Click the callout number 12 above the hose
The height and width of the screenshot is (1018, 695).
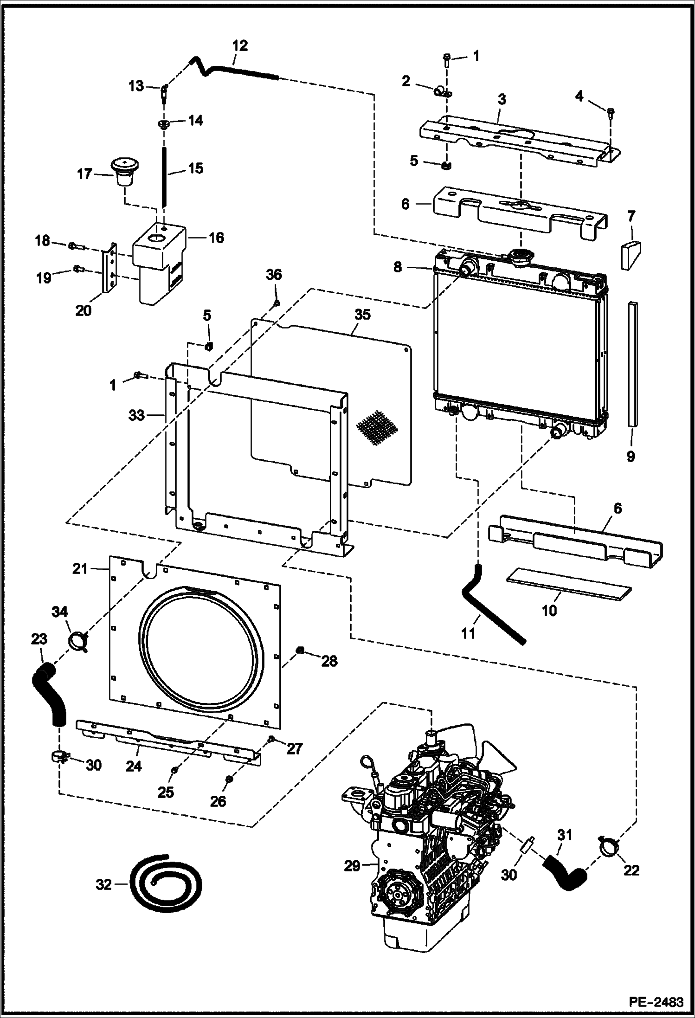(240, 45)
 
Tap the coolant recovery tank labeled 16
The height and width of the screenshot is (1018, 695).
(159, 264)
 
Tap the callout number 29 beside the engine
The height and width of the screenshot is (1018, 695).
(352, 866)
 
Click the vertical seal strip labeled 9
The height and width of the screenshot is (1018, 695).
(633, 364)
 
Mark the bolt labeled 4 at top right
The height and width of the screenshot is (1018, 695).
(611, 111)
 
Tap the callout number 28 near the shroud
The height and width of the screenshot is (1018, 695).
(329, 661)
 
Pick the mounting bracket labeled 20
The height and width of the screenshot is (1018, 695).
(109, 267)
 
